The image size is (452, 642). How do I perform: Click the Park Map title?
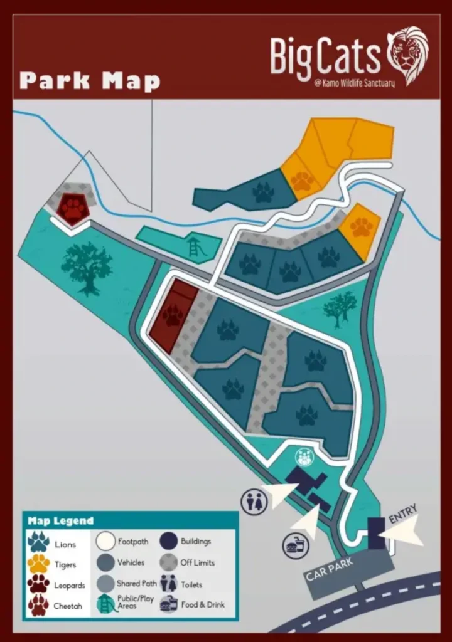pos(90,81)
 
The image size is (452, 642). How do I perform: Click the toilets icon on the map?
pos(254,502)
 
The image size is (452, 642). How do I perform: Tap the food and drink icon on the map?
pos(296,546)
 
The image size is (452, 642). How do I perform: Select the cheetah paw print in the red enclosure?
pos(173,315)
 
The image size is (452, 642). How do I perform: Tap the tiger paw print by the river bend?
pos(361,227)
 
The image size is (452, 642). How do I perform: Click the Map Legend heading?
pos(60,520)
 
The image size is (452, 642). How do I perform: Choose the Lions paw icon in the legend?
pos(38,542)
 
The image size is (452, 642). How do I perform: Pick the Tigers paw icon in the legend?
pos(38,563)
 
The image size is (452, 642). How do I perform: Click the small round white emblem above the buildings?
pos(304,456)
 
